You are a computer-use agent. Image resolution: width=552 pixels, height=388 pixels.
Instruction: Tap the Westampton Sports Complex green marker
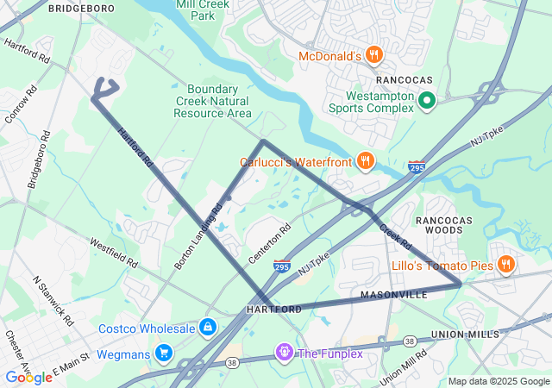[426, 102]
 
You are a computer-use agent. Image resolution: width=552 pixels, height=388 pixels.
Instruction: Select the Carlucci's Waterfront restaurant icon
[366, 161]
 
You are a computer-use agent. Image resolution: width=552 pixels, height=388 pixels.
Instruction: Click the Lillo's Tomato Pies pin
[505, 265]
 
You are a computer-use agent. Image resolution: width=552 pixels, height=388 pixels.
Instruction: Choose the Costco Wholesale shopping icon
[207, 328]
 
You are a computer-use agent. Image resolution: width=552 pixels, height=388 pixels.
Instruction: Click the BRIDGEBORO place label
[81, 8]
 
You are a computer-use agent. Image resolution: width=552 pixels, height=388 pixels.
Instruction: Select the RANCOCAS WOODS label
[444, 226]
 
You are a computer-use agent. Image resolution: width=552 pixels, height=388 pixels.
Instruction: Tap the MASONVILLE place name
[394, 295]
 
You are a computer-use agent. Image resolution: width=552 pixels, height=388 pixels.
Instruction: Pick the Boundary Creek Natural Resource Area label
[219, 101]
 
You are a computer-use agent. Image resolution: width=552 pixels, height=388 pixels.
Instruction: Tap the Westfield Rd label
[114, 250]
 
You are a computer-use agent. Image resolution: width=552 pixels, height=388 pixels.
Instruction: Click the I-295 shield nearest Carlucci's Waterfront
[417, 166]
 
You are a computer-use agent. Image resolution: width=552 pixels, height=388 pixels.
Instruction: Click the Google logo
[28, 378]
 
